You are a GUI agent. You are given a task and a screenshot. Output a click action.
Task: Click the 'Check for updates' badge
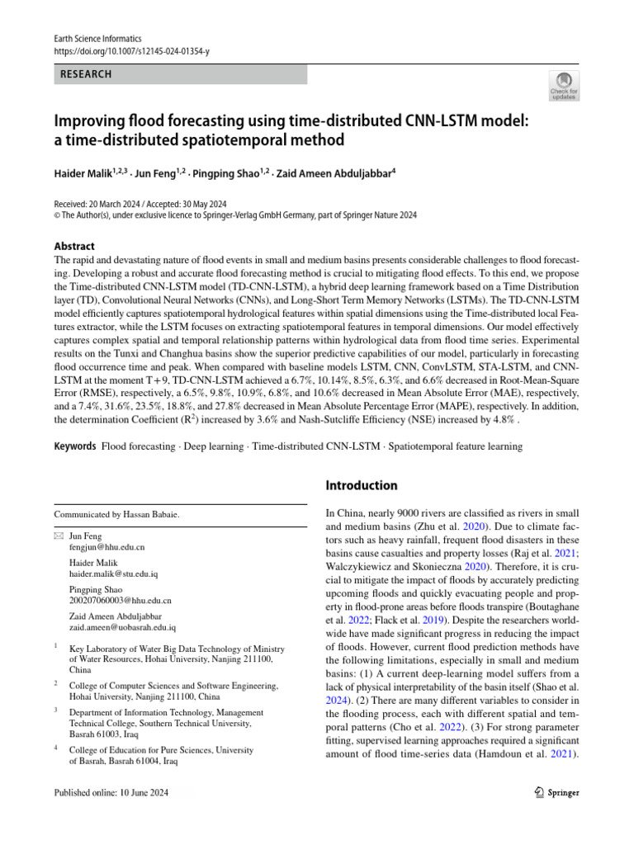click(565, 85)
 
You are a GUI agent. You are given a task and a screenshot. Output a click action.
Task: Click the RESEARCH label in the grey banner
click(85, 74)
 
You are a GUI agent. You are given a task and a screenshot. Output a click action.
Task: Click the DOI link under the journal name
click(131, 51)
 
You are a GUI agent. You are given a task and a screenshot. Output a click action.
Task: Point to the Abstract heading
click(74, 246)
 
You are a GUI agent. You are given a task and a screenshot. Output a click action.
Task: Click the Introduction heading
click(362, 485)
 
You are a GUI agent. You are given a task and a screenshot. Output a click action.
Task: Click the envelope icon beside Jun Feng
click(58, 536)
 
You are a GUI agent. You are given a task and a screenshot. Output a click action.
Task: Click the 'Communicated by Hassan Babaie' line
click(116, 514)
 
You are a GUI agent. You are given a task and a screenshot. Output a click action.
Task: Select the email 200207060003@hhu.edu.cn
click(121, 602)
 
